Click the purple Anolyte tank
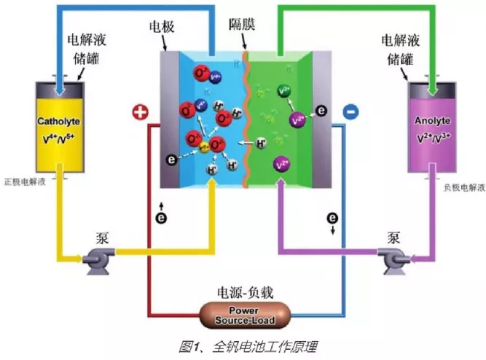[433, 128]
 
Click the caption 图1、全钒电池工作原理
[243, 345]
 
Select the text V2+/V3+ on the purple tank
[433, 136]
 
